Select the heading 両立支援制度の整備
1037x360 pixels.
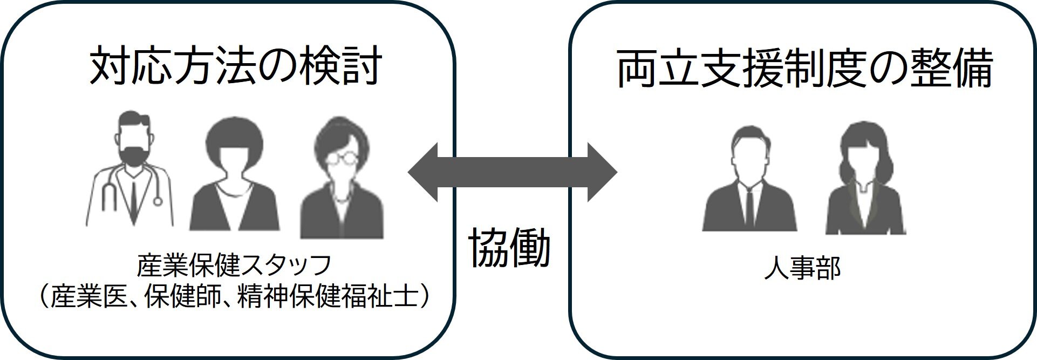pos(803,69)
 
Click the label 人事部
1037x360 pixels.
pos(802,268)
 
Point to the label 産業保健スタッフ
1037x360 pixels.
pos(234,266)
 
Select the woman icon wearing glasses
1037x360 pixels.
pos(342,178)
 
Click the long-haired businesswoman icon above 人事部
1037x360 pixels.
pos(865,178)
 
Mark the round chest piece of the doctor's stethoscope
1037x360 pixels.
pos(158,201)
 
